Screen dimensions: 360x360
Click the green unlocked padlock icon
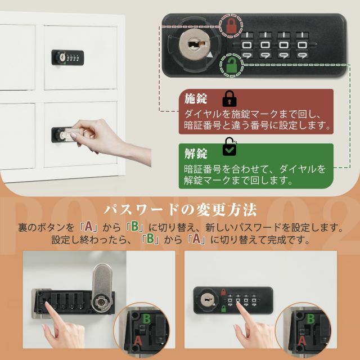[x=230, y=67]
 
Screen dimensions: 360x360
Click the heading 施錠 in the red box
[x=196, y=99]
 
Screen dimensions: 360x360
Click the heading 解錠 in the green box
[x=196, y=153]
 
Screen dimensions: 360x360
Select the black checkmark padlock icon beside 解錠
[x=229, y=147]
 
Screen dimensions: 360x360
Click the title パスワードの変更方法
[x=180, y=210]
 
